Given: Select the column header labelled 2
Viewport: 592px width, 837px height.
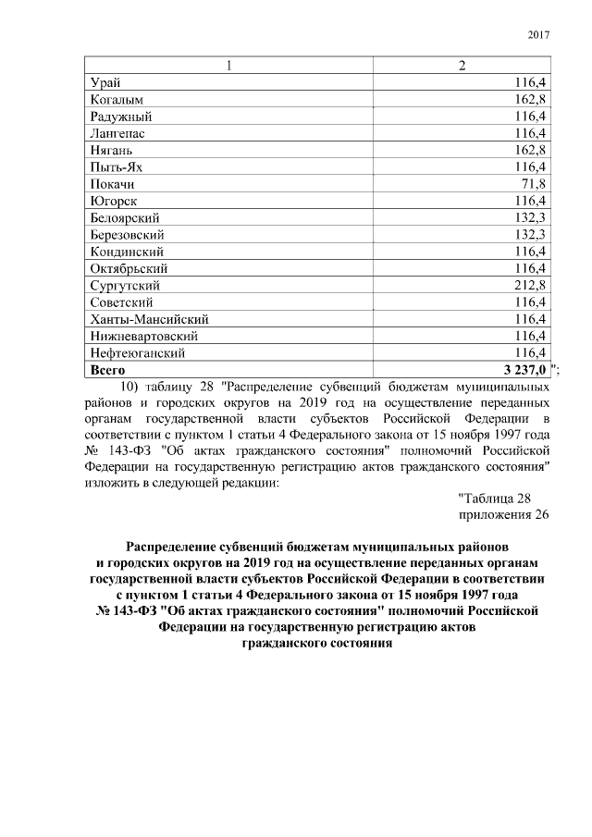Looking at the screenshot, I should [462, 66].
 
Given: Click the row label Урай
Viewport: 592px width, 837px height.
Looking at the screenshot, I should [105, 83].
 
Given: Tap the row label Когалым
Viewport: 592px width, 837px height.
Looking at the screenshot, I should [117, 100].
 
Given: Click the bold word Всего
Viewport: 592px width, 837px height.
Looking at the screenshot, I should [109, 370].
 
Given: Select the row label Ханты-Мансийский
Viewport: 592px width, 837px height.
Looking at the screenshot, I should [142, 319].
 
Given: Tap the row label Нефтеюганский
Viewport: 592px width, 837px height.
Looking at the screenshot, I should [137, 353].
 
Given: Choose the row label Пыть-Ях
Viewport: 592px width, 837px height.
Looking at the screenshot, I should [117, 167].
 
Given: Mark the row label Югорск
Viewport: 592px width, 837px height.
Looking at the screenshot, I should [115, 201].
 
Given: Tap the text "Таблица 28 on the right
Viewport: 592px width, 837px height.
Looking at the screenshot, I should [494, 499].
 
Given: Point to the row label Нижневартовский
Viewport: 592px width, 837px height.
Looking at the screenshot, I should [143, 336].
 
